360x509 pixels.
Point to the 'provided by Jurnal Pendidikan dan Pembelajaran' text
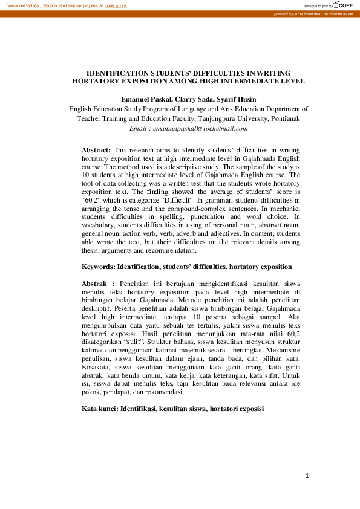tap(313, 13)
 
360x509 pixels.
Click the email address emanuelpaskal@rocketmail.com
tap(200, 128)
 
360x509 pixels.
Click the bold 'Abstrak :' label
tap(98, 283)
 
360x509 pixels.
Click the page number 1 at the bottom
tap(307, 476)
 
